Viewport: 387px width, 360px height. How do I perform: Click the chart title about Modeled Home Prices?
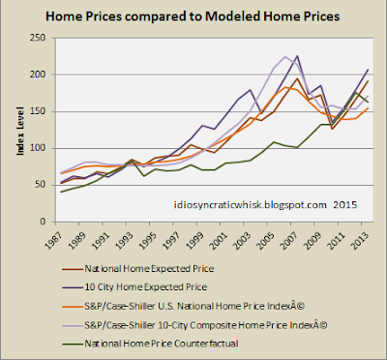[x=193, y=15]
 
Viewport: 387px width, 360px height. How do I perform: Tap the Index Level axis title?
[x=20, y=131]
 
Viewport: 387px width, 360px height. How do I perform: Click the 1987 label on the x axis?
[x=51, y=239]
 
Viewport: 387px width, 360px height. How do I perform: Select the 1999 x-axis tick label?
[x=195, y=239]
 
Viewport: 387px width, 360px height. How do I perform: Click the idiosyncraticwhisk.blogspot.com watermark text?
[x=251, y=205]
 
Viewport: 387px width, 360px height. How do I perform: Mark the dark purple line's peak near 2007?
[x=297, y=56]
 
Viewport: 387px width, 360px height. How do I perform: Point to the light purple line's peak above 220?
[x=285, y=57]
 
